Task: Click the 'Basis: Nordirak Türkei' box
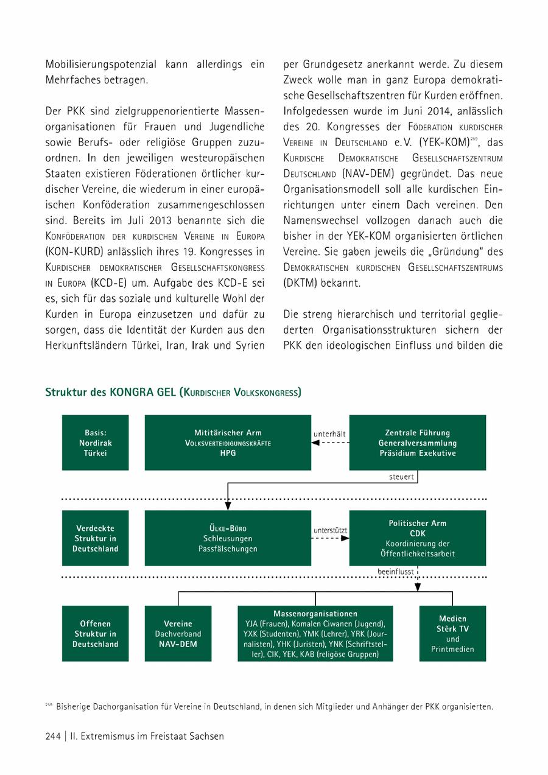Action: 96,443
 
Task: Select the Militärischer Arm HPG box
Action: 228,443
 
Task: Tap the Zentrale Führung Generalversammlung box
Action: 417,443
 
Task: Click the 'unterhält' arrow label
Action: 329,433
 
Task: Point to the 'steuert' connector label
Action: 401,477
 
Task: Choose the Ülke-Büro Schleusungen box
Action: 228,538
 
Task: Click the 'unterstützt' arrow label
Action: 330,530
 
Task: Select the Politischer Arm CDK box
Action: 417,538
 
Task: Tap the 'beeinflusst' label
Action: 396,572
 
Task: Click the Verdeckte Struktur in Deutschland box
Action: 96,538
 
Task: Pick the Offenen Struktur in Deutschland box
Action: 96,634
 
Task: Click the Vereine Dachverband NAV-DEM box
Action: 178,634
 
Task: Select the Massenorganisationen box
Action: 315,634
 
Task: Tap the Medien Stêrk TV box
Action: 452,634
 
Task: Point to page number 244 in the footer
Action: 53,736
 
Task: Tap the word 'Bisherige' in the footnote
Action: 76,707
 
